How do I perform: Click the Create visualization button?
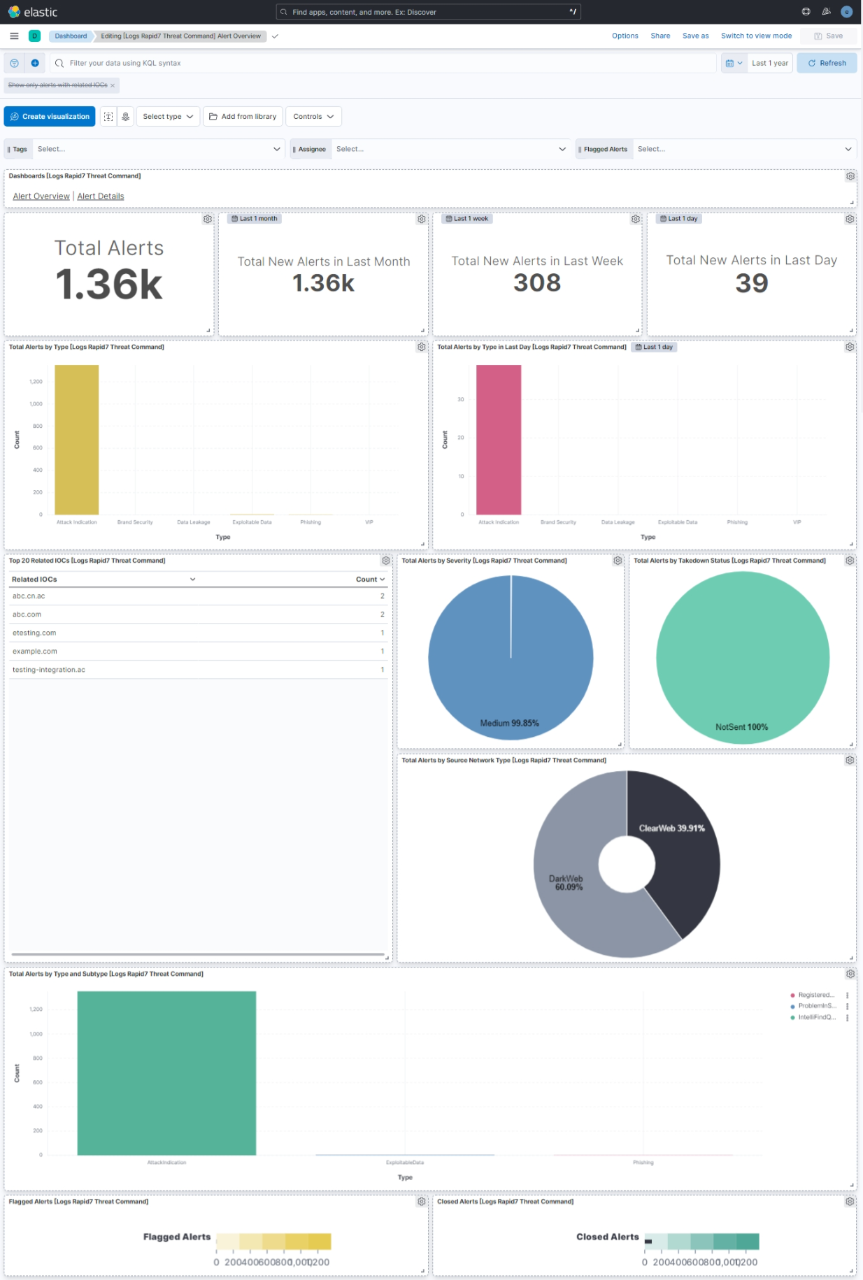[50, 117]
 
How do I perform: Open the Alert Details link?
[101, 196]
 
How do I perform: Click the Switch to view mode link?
[756, 36]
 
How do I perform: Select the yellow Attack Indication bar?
[77, 440]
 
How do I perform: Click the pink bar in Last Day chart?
[499, 440]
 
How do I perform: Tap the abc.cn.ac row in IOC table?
[29, 596]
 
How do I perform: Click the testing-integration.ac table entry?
[49, 670]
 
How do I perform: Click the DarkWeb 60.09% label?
[567, 882]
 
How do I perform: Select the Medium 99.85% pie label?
[509, 723]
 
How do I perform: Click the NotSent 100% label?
[741, 727]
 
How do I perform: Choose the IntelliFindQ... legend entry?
[816, 1017]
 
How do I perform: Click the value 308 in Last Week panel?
[537, 283]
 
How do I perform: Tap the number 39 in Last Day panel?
[751, 283]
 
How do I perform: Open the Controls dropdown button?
[313, 117]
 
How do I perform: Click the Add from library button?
[243, 117]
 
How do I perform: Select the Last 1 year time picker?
[769, 63]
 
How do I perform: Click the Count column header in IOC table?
[369, 580]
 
